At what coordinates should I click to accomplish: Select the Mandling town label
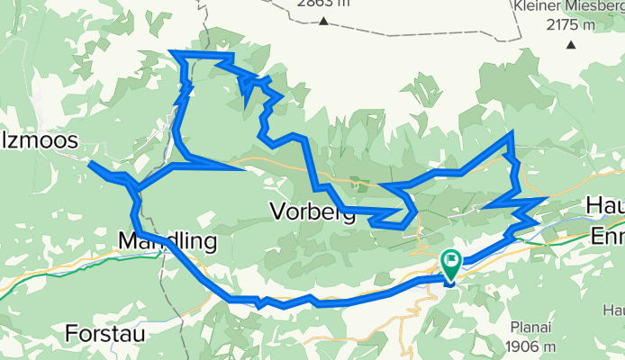click(x=168, y=241)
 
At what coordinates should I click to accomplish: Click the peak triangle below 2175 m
click(x=570, y=44)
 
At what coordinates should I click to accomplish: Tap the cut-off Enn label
click(x=607, y=237)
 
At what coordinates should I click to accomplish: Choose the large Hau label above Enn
click(x=606, y=205)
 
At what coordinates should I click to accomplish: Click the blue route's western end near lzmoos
click(x=90, y=163)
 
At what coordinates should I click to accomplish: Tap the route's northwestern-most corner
click(x=173, y=54)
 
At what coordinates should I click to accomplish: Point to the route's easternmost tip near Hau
click(x=547, y=198)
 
